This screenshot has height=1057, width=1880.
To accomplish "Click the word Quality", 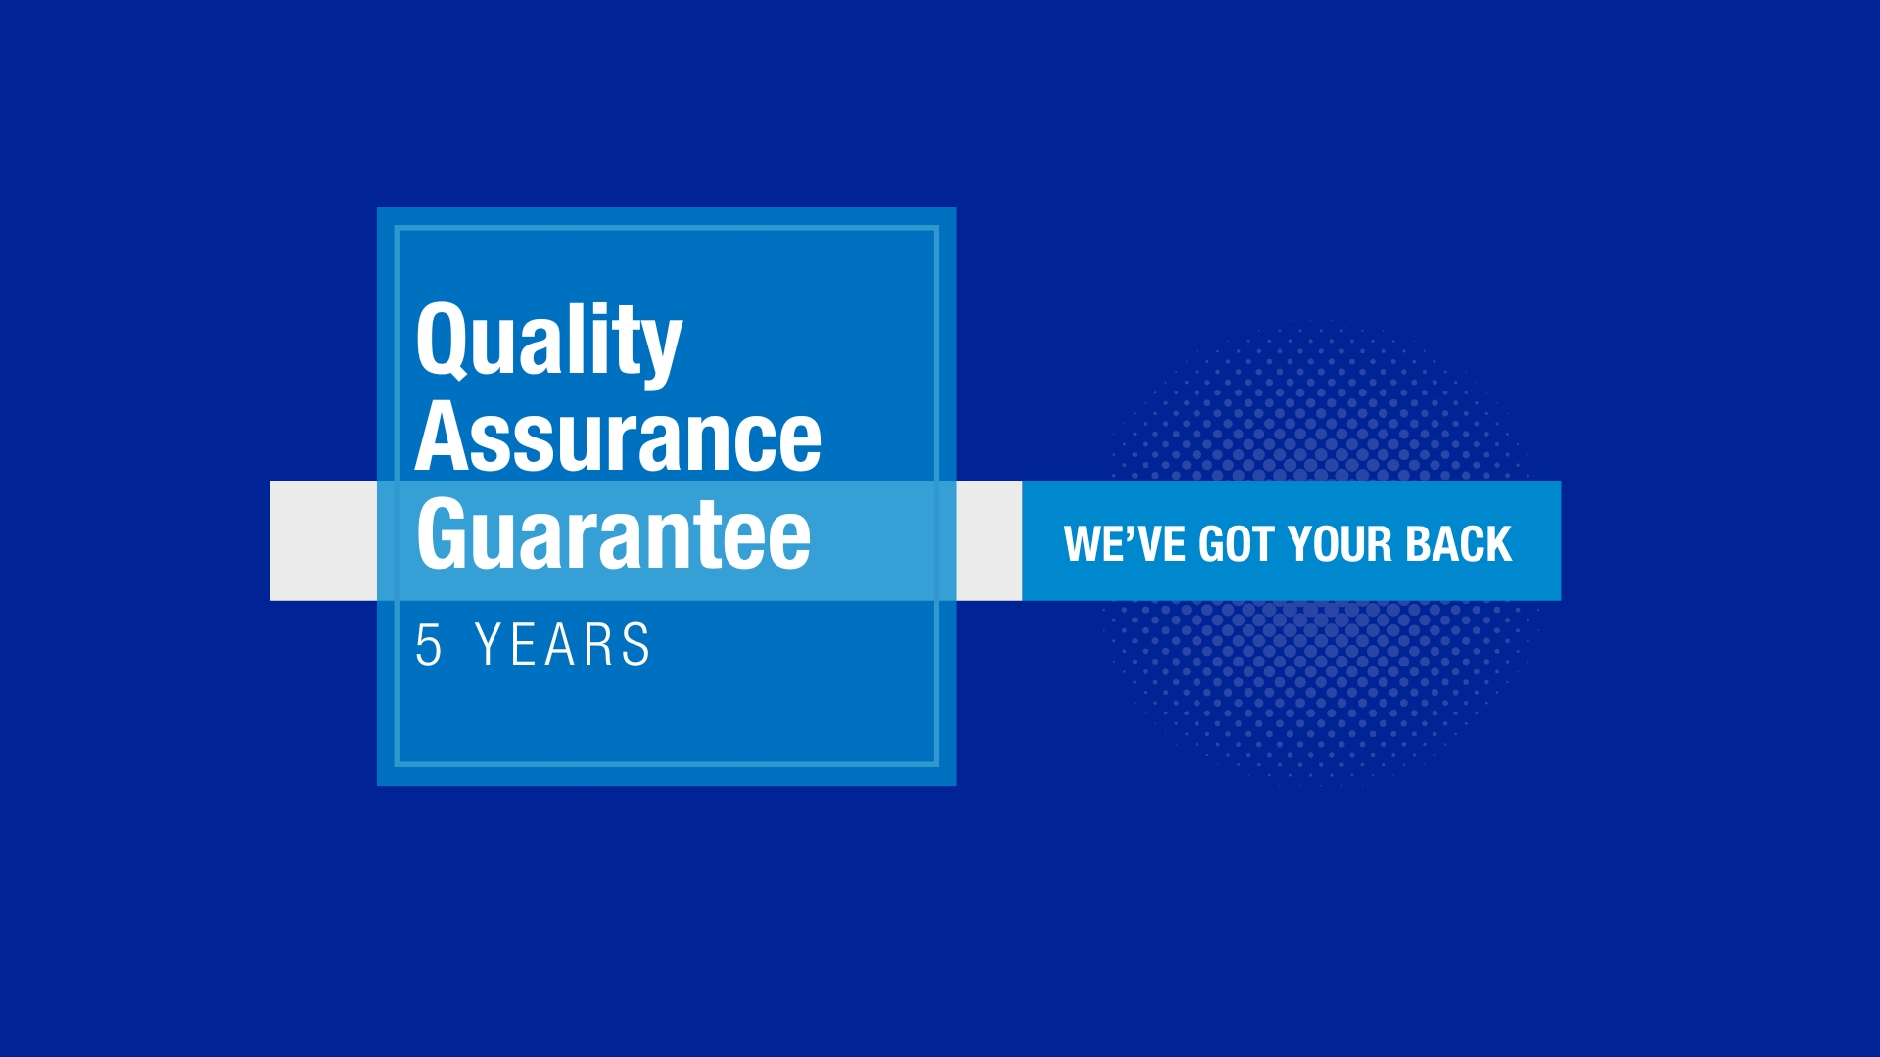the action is [x=548, y=342].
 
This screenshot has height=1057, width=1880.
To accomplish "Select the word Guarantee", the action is [x=614, y=533].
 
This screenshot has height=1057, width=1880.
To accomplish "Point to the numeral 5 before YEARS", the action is [x=429, y=644].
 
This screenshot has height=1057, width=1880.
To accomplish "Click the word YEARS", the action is [x=563, y=644].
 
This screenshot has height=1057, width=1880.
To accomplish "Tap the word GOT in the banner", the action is [x=1236, y=544].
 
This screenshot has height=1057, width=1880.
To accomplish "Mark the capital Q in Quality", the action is [x=446, y=340].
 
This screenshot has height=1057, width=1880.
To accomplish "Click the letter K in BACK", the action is [x=1499, y=544].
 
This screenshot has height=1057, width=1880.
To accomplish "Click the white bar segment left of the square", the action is [x=323, y=540].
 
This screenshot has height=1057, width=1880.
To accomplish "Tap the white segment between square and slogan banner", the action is [x=989, y=540].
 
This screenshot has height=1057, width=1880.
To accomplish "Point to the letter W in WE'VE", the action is [x=1085, y=544].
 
